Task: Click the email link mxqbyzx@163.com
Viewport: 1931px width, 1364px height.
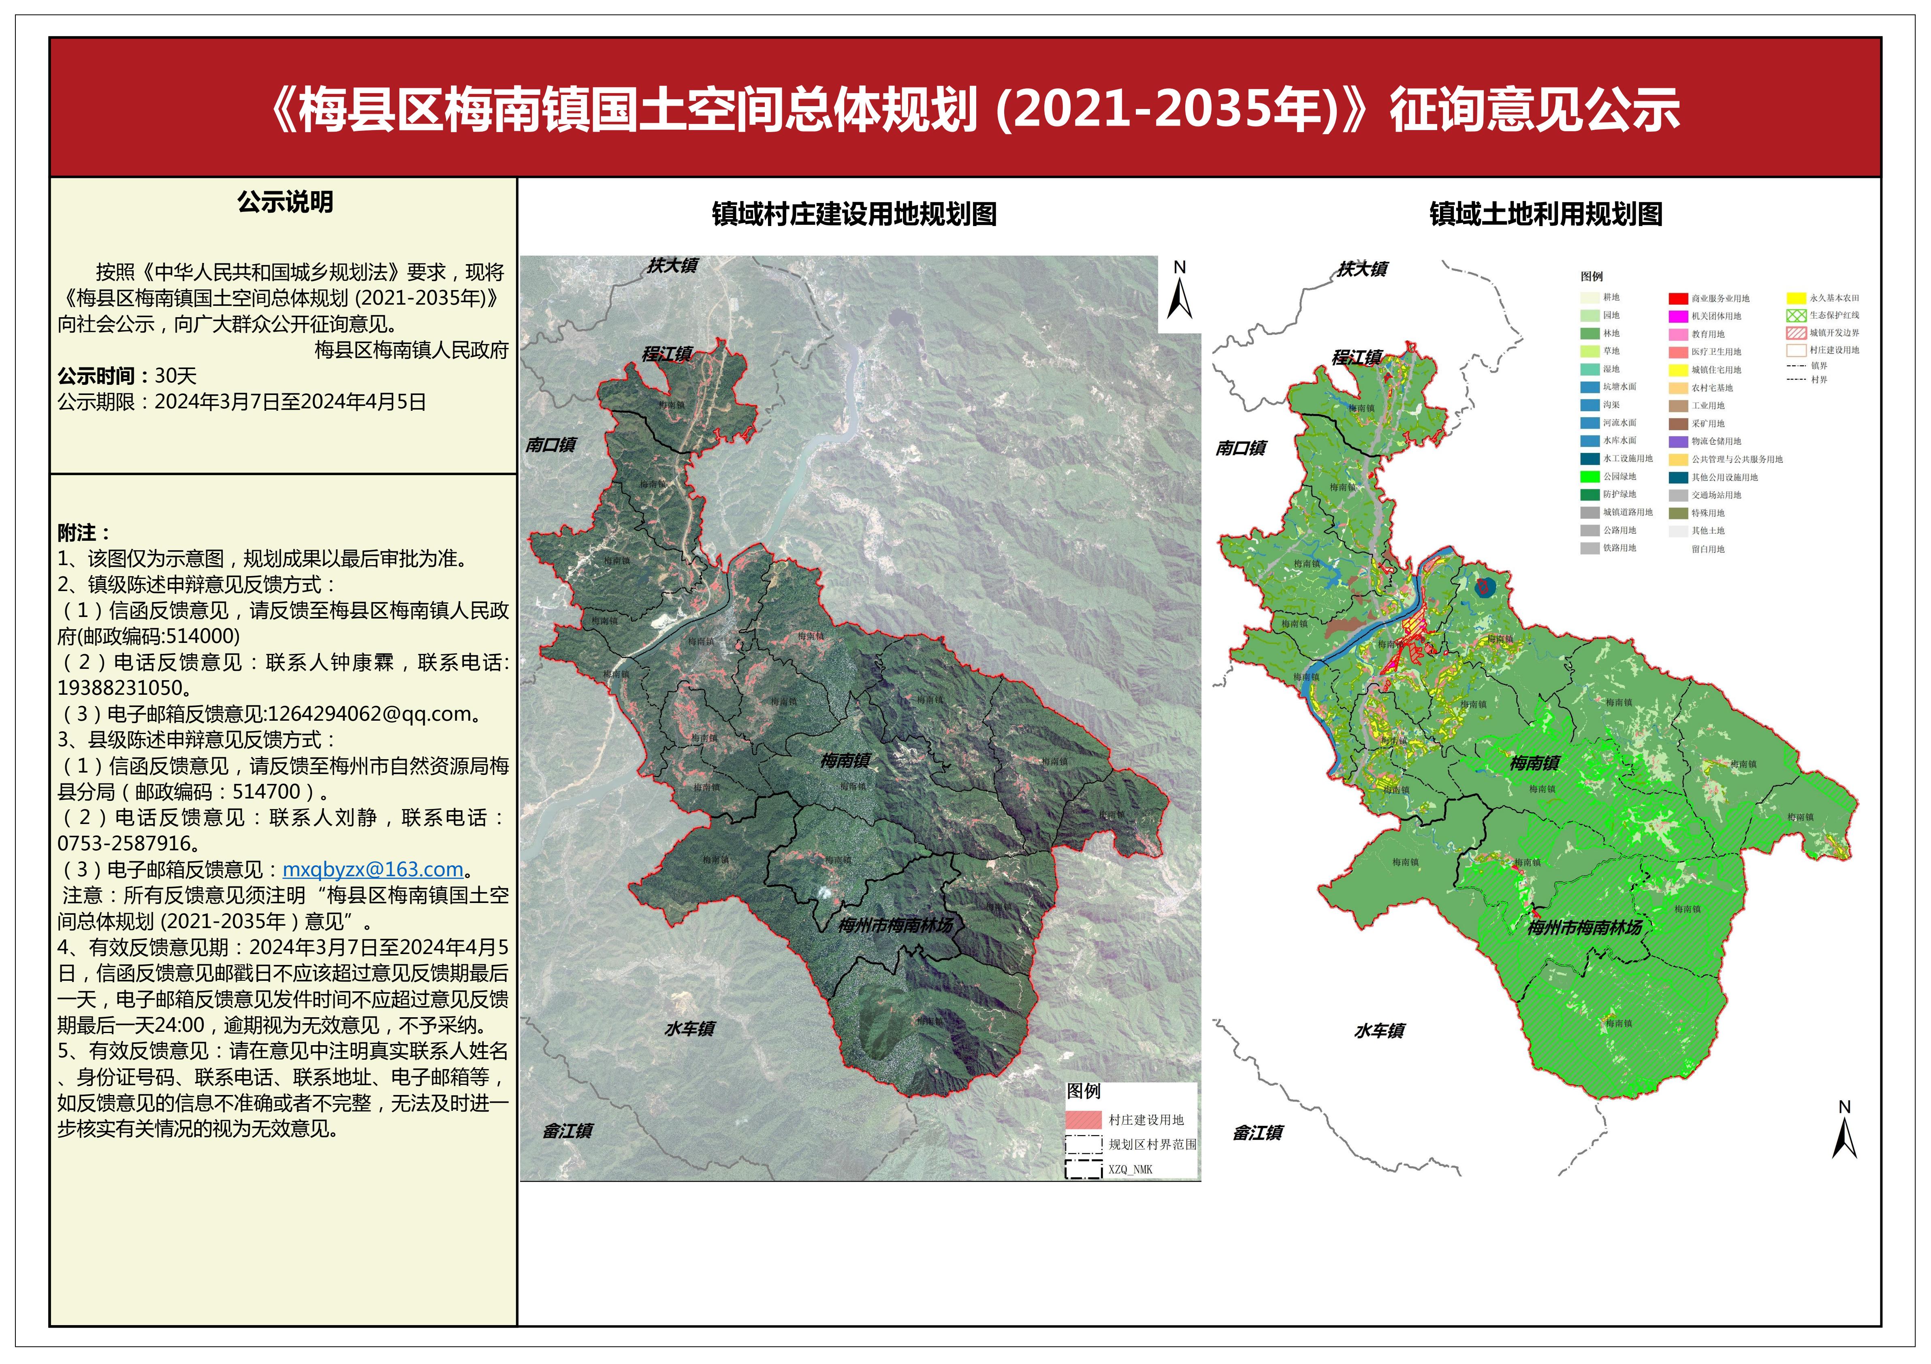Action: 373,869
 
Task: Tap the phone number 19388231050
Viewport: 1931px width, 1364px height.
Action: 119,688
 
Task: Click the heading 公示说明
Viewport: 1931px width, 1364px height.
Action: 285,203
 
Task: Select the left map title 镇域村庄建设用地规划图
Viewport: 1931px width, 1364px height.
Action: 853,214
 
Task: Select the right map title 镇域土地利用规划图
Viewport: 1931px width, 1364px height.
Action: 1546,214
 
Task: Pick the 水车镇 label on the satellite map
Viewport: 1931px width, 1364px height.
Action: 689,1029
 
